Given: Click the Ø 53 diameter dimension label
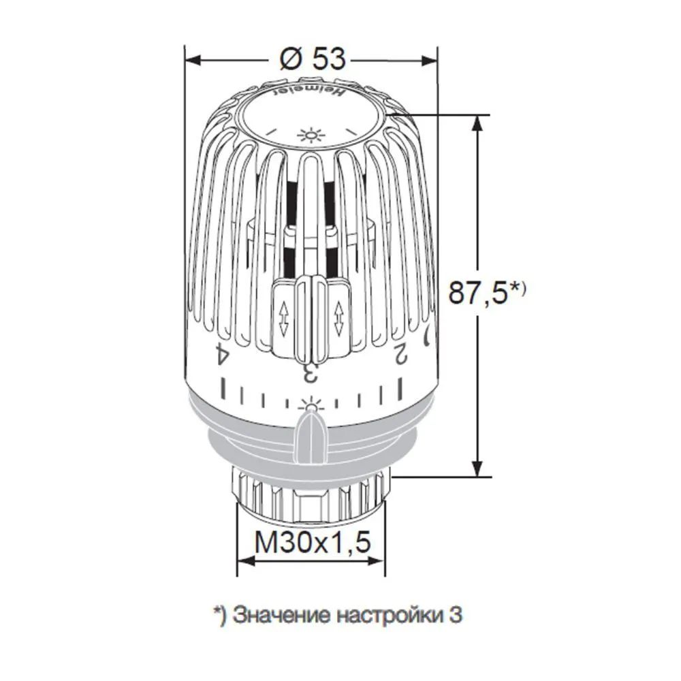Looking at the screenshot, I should tap(311, 59).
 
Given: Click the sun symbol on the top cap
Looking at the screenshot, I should tap(311, 134).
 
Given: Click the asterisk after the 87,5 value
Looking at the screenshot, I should tap(517, 287).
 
